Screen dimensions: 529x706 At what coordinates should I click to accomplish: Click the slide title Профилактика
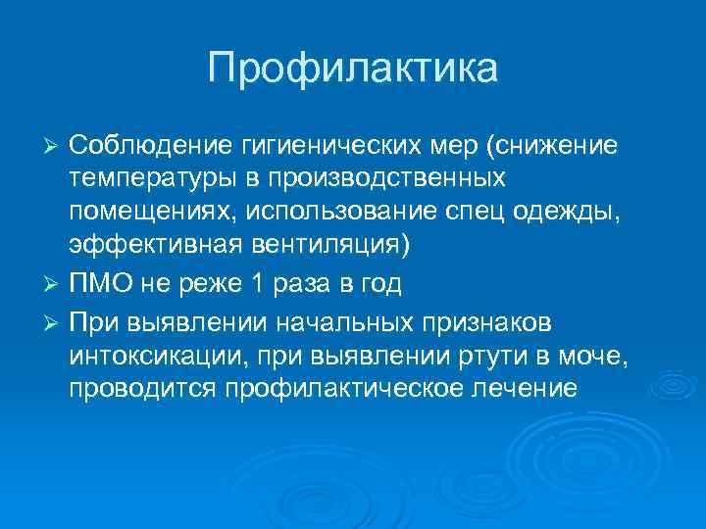353,68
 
